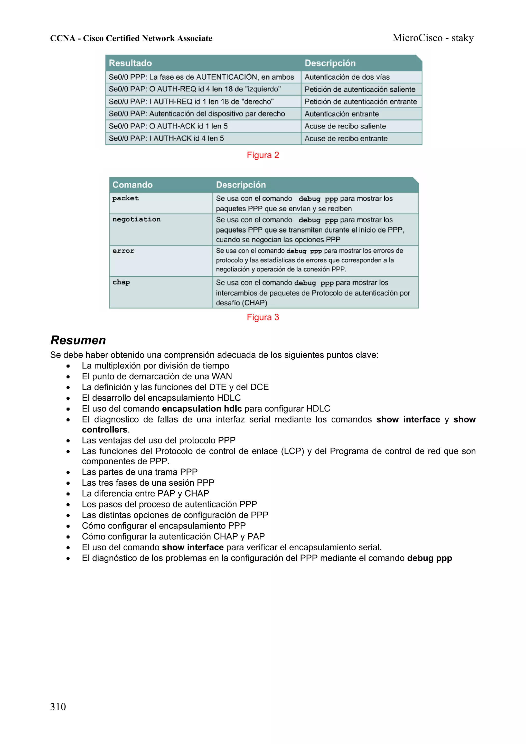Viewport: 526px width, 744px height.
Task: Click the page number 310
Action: point(58,707)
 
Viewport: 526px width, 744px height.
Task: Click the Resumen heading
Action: point(78,340)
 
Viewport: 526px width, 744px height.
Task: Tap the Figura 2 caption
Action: point(263,155)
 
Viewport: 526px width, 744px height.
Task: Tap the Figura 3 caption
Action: point(263,317)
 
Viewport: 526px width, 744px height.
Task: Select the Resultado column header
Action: point(130,63)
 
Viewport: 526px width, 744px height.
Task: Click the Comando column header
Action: point(132,185)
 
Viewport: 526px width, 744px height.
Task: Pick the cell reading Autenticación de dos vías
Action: point(347,77)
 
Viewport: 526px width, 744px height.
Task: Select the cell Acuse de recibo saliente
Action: point(345,126)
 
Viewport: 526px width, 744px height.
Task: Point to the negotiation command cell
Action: point(136,219)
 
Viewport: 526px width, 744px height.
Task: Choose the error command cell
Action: point(123,251)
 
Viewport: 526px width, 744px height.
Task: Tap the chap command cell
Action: point(121,282)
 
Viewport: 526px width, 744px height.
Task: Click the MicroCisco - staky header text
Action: point(433,38)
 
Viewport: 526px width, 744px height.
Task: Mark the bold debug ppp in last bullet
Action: point(429,558)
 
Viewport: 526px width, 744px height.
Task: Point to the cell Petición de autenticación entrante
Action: point(360,101)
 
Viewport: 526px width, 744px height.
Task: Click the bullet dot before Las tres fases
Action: point(68,483)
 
